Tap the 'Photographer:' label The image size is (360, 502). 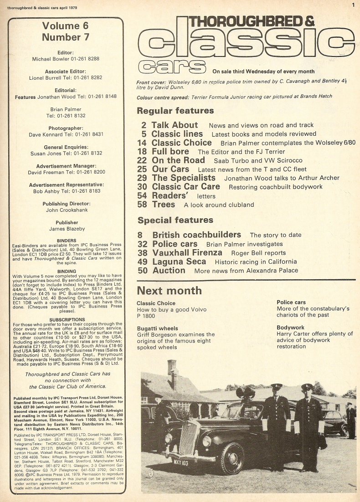66,128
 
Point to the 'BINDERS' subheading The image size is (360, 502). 66,241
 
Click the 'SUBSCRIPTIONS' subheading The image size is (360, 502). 66,320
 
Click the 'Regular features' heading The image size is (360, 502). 175,111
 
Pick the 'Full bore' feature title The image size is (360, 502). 170,151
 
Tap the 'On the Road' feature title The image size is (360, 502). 178,160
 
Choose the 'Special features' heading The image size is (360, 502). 175,220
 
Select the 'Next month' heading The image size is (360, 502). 169,290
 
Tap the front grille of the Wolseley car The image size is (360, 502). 190,438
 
